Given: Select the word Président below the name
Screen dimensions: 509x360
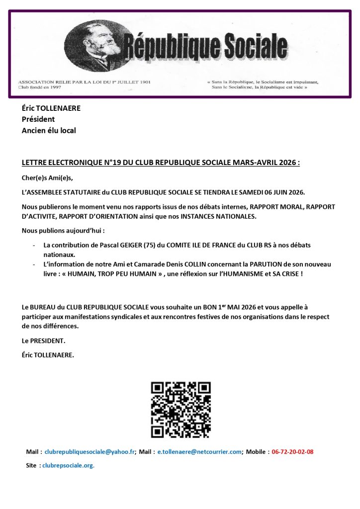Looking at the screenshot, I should [x=38, y=119].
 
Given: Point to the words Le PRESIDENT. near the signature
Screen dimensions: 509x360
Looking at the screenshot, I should [x=44, y=341].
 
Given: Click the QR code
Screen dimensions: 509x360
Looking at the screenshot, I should [x=180, y=410].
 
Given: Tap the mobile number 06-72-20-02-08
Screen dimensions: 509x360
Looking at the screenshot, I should [x=292, y=452].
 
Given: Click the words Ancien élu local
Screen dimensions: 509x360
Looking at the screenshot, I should [x=49, y=131].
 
